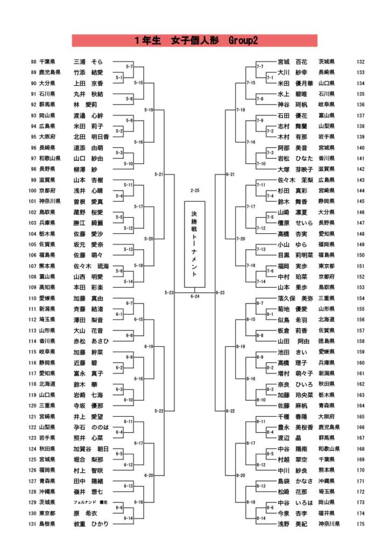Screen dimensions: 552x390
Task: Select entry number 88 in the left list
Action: coord(34,62)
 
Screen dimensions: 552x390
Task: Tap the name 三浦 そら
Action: coord(88,62)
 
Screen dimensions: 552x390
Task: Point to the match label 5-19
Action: coord(149,109)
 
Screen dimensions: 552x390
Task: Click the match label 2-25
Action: coord(194,190)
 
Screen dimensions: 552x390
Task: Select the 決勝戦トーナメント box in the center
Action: coord(194,245)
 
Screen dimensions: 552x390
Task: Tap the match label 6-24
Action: coord(194,296)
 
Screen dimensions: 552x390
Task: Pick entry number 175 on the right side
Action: coord(361,523)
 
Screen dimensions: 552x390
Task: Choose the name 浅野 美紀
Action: coord(293,523)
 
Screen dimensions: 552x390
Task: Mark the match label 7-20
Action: coord(241,238)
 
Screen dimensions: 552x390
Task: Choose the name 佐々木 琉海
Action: coord(91,266)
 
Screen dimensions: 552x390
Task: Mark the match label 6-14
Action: coord(128,518)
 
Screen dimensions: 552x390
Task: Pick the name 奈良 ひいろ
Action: coord(295,384)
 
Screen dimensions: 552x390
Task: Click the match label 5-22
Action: coord(159,411)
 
